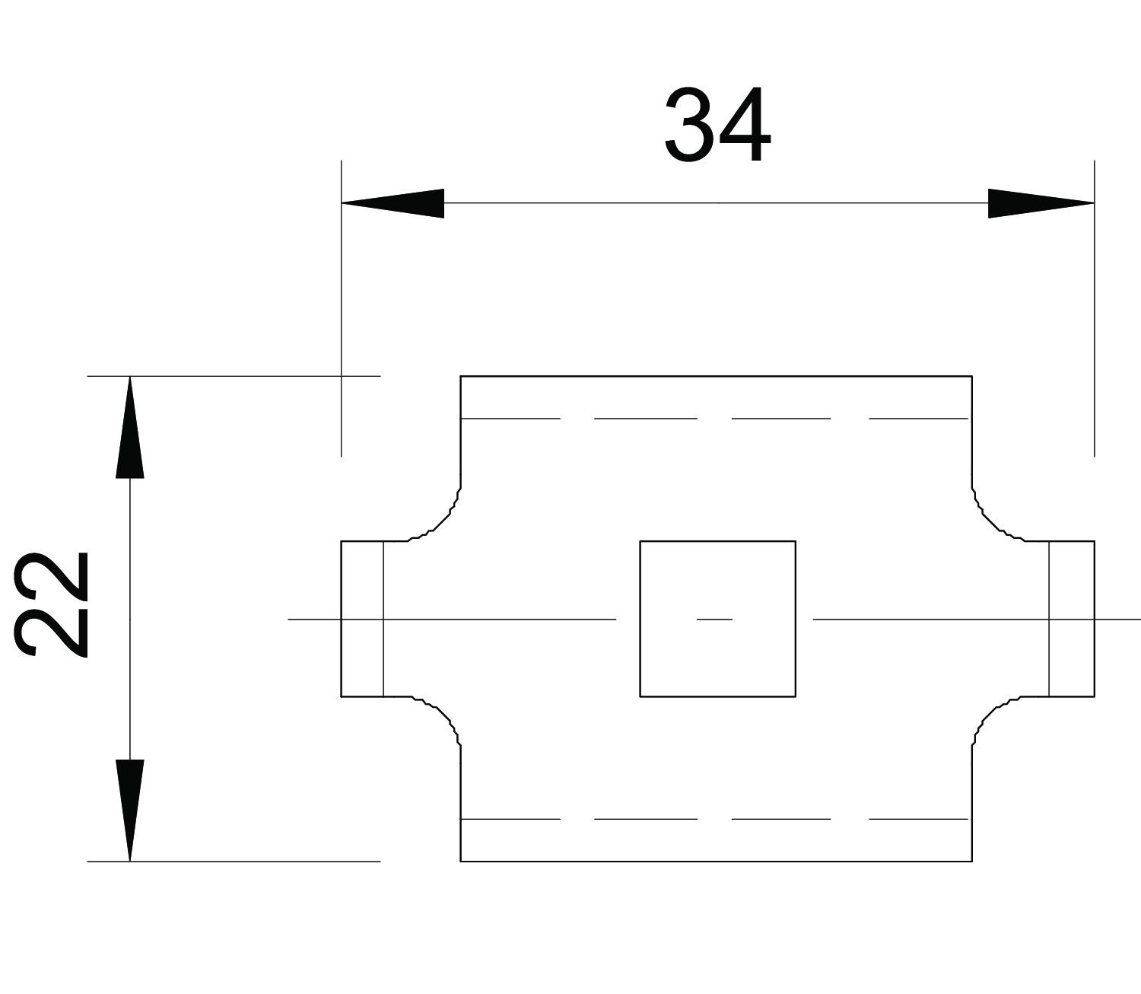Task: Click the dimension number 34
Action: (717, 126)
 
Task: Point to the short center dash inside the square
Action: (714, 620)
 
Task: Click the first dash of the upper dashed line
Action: (510, 418)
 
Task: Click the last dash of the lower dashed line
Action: (918, 819)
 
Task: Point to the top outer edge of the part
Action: (716, 376)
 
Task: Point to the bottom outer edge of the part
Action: (716, 861)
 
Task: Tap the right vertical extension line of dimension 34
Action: (1094, 320)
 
